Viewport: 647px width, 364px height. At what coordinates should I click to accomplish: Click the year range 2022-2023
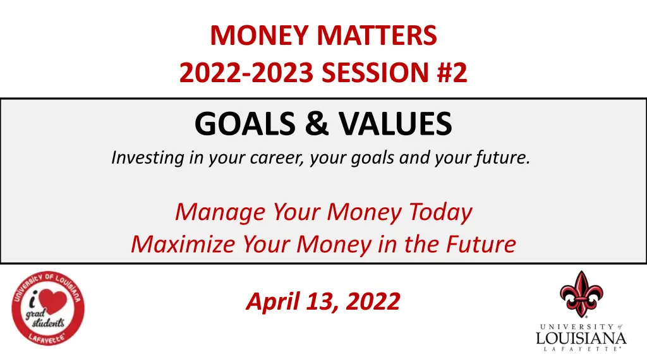[246, 74]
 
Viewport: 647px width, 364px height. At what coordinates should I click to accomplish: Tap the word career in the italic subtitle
[275, 158]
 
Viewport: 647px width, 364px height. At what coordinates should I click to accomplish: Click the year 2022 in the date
[370, 301]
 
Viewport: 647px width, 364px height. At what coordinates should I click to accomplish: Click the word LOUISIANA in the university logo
[581, 339]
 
